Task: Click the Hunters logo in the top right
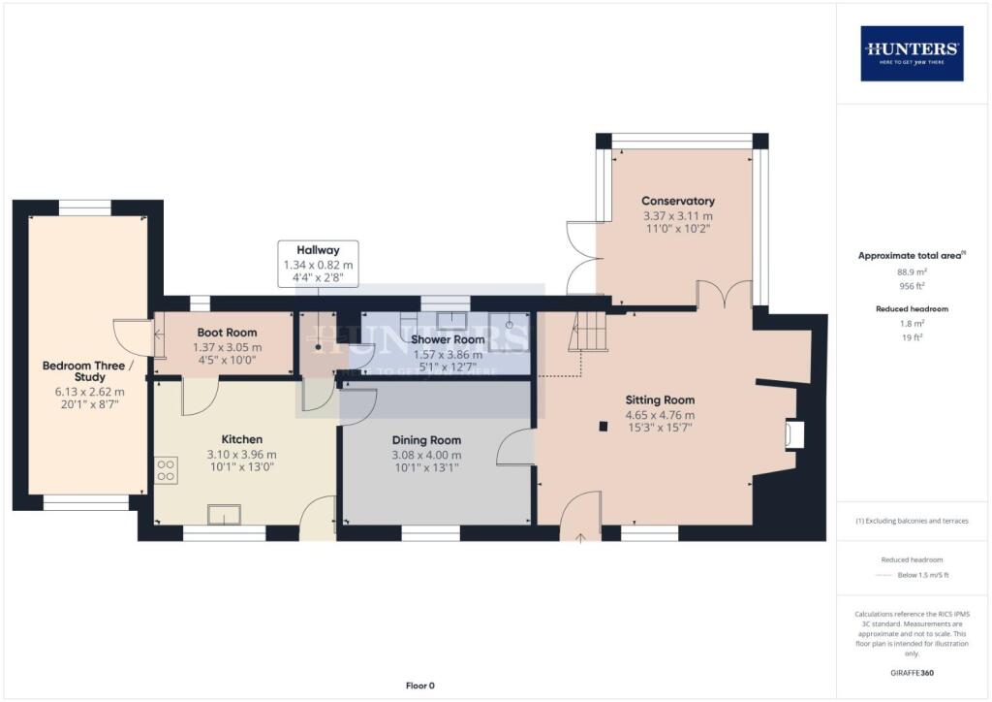[x=912, y=52]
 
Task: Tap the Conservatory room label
[x=678, y=201]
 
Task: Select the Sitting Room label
[x=660, y=399]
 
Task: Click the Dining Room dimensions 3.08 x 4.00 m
[x=426, y=455]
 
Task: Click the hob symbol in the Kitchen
[x=166, y=470]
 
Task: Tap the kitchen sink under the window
[x=225, y=515]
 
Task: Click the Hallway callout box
[x=318, y=264]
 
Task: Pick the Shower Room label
[x=448, y=339]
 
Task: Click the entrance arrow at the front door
[x=580, y=536]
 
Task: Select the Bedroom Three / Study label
[x=83, y=372]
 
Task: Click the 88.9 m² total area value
[x=911, y=272]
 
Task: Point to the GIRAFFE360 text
[x=912, y=672]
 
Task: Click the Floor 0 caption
[x=420, y=686]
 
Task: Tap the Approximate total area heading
[x=910, y=255]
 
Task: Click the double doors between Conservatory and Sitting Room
[x=725, y=295]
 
